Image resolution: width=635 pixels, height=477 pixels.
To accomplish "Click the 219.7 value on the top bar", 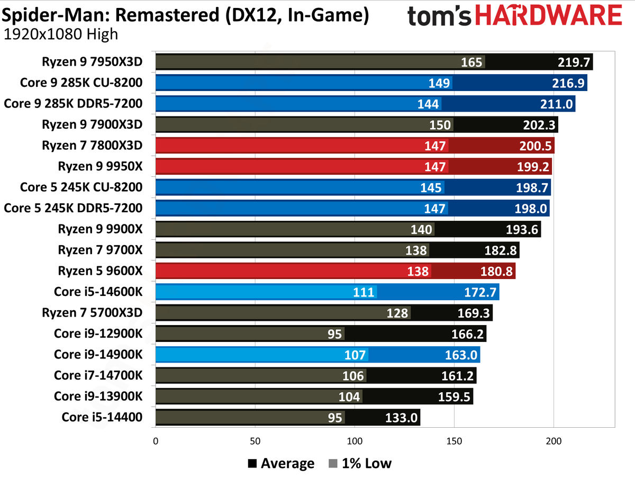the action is (574, 62).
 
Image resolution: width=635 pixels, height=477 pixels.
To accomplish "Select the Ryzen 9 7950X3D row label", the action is (92, 61).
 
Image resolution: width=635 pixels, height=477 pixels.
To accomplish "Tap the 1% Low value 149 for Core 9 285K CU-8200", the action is (439, 83).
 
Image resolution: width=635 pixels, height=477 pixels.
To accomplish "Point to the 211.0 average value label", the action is (556, 104).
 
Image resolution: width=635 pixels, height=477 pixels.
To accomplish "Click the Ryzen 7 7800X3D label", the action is (92, 145).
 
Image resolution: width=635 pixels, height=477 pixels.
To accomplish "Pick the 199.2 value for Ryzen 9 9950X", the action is (533, 167).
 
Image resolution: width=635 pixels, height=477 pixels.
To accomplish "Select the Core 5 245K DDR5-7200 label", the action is (73, 208).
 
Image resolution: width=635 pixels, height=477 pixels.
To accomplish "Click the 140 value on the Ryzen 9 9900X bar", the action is (422, 230).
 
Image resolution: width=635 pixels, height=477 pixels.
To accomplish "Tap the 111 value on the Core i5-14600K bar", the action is (364, 292).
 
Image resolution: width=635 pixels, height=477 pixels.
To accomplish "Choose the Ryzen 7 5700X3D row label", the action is (92, 312).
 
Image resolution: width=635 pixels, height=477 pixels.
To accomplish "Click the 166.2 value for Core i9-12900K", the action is (467, 334).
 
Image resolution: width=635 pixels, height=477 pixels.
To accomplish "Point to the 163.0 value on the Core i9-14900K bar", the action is (461, 355).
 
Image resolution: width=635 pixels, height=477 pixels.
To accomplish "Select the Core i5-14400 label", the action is (102, 417).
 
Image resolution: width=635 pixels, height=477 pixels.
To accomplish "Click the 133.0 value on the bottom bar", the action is (401, 418).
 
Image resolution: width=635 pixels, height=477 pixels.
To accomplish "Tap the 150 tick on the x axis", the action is (454, 441).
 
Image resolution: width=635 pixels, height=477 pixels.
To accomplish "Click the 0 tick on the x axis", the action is (156, 441).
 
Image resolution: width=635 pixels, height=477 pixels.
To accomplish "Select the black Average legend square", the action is (252, 464).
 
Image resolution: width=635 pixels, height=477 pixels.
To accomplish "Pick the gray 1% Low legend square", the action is (333, 464).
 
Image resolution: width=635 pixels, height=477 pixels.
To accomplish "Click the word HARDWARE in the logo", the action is (549, 15).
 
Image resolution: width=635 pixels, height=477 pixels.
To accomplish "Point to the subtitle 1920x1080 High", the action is (61, 34).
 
